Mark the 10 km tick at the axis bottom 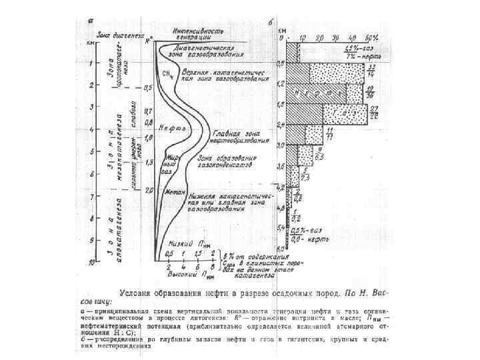[91, 265]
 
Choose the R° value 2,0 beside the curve [149, 189]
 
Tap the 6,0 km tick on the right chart [280, 246]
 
